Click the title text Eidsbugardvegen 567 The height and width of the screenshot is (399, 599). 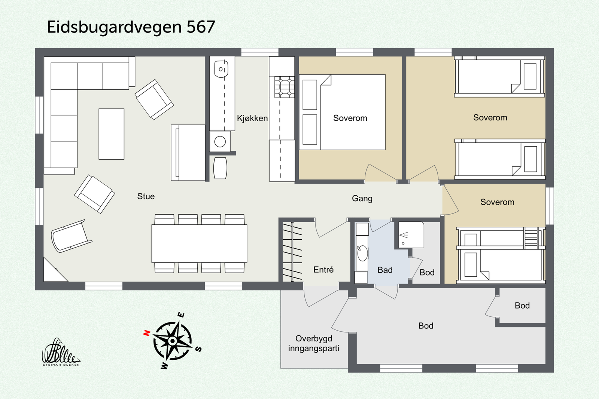click(x=131, y=27)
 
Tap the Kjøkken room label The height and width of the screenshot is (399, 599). click(x=252, y=118)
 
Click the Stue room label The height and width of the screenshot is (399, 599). click(x=146, y=196)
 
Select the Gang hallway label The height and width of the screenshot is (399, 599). click(x=362, y=199)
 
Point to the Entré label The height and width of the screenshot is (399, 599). click(x=323, y=270)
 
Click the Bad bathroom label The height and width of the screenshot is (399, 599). click(x=385, y=270)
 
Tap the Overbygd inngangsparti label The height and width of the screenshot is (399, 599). click(x=313, y=343)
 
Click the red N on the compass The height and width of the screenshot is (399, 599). click(x=147, y=332)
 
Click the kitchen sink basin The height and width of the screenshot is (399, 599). click(x=221, y=70)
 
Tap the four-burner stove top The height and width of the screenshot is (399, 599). click(x=285, y=87)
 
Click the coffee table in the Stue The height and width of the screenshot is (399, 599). click(x=111, y=134)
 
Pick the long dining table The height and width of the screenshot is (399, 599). click(x=199, y=243)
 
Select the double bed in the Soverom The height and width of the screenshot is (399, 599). click(x=343, y=112)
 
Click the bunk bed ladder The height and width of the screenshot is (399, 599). click(x=531, y=238)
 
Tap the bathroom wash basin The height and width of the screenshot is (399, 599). click(x=362, y=253)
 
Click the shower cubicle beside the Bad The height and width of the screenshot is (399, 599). click(x=411, y=235)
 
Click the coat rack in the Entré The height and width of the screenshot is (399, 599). click(x=292, y=252)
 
